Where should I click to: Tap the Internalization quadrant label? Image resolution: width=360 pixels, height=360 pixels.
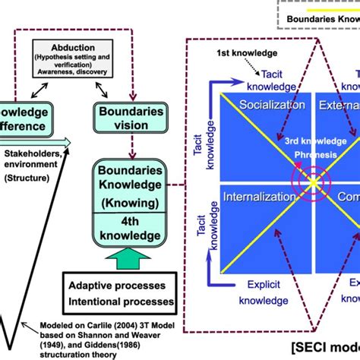point(258,197)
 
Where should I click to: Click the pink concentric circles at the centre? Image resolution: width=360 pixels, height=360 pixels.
point(314,182)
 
